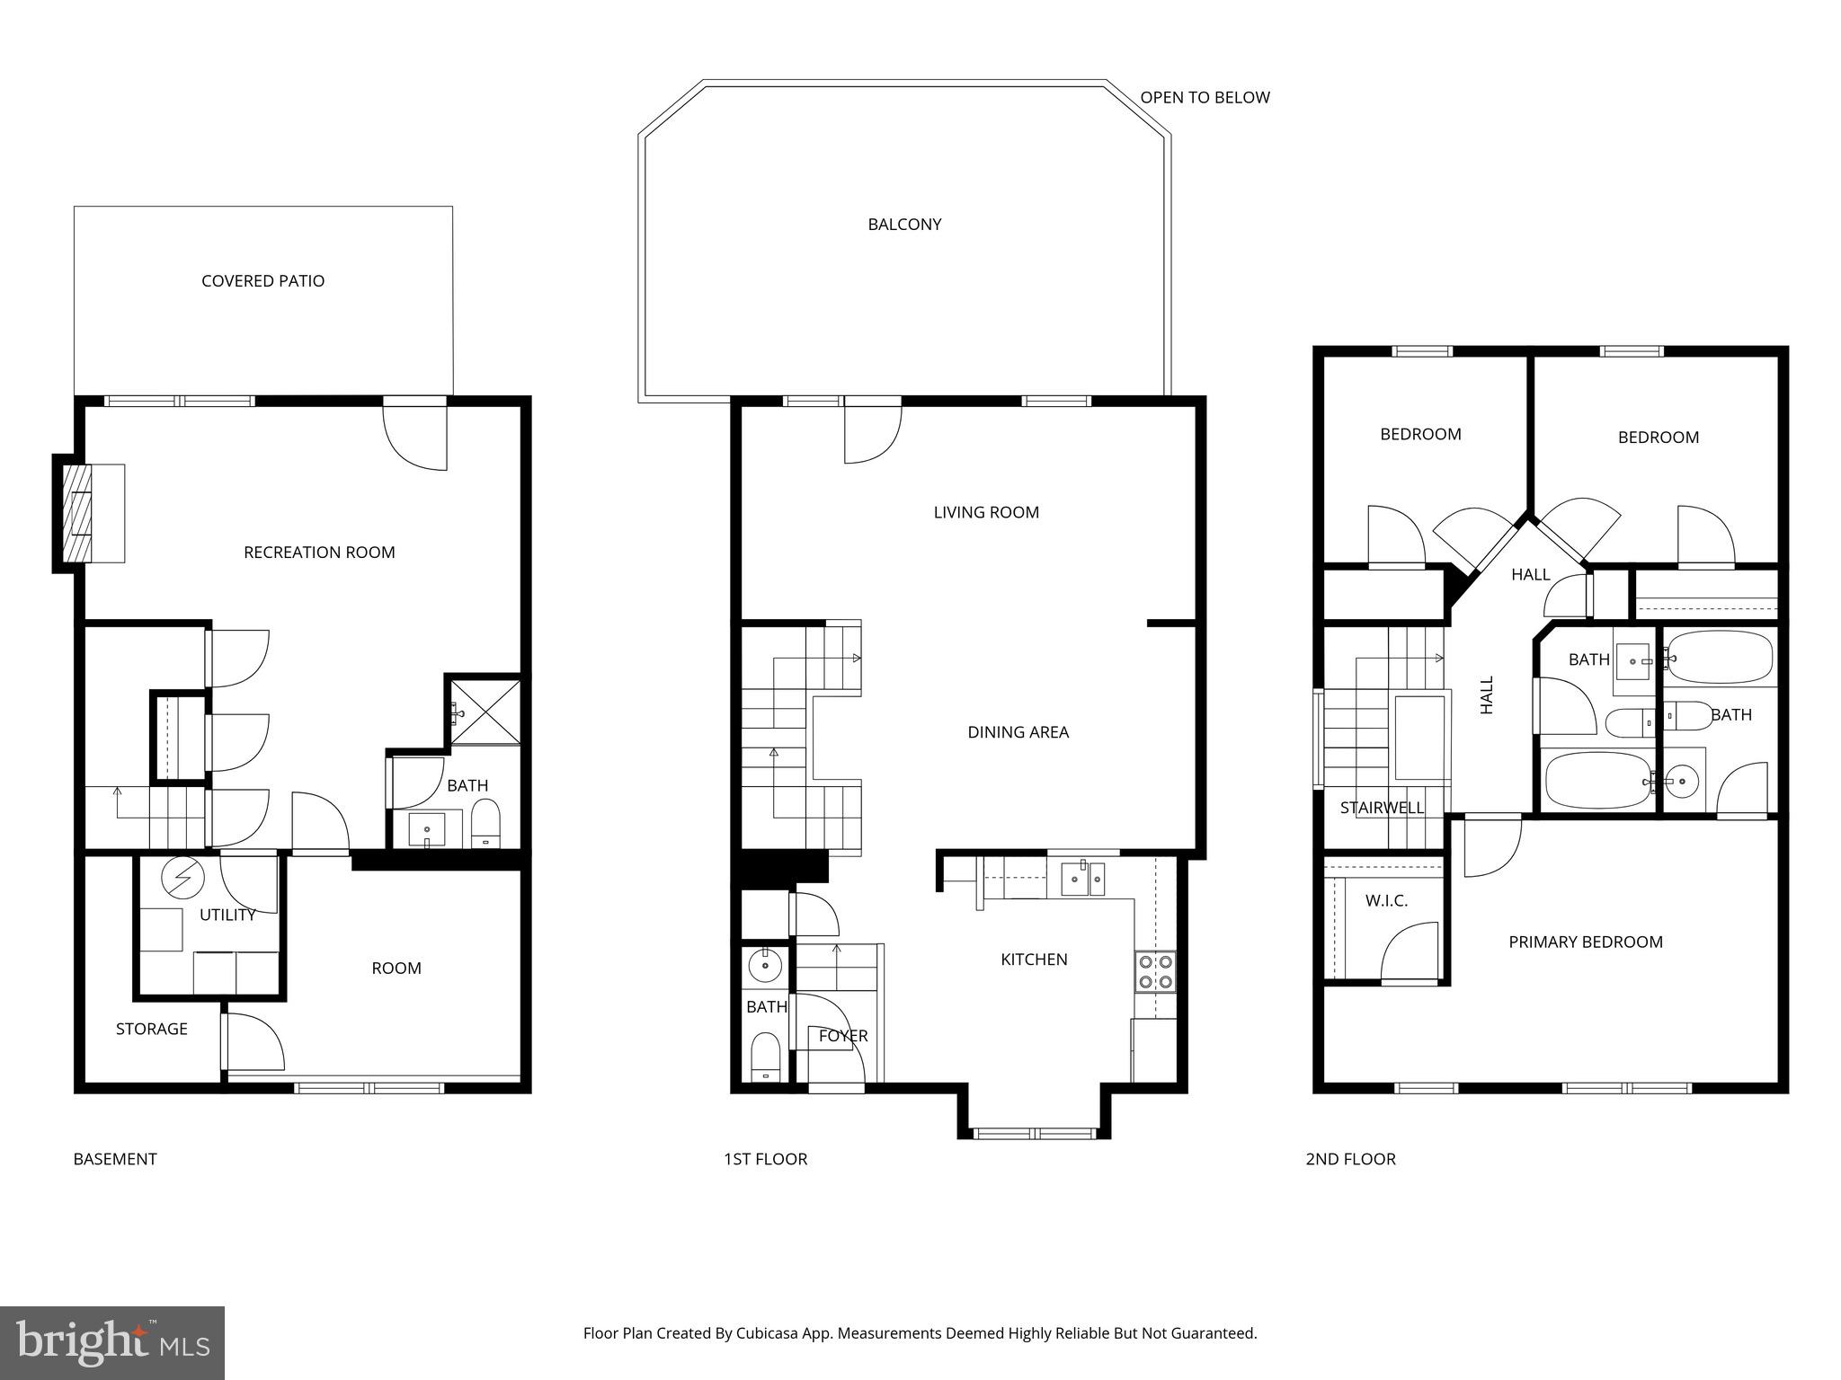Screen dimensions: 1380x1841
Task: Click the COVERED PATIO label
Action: tap(262, 281)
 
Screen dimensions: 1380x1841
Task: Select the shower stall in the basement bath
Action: tap(485, 712)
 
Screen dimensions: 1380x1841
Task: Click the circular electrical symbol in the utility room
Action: tap(183, 878)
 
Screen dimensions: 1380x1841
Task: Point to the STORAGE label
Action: tap(151, 1029)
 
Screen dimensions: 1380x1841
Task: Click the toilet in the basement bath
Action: tap(485, 822)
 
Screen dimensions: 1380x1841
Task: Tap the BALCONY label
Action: tap(904, 225)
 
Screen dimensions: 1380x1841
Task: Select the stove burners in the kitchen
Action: tap(1154, 970)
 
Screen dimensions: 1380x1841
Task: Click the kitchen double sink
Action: tap(1083, 879)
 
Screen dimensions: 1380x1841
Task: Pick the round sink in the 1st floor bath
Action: tap(765, 966)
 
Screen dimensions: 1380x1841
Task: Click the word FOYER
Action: tap(843, 1036)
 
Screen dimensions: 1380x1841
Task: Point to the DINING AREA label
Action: tap(1018, 732)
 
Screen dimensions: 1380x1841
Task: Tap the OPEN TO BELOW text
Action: tap(1205, 97)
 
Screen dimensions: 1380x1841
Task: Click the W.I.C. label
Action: tap(1386, 900)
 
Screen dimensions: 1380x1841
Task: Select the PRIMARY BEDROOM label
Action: tap(1585, 942)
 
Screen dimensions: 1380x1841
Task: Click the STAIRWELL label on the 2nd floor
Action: tap(1382, 808)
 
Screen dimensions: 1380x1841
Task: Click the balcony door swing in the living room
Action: tap(870, 435)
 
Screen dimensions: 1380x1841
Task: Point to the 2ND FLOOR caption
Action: tap(1350, 1159)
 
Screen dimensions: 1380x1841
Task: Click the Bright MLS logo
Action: tap(112, 1343)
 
